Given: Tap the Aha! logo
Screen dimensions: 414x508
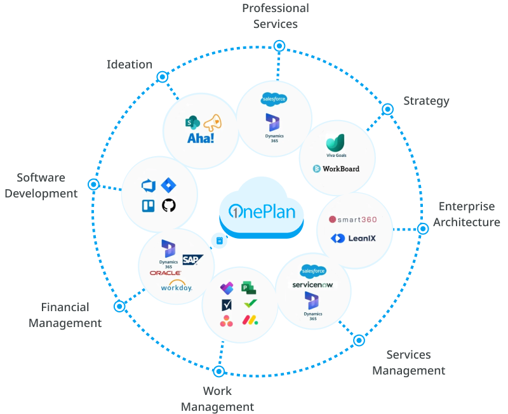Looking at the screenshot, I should [201, 138].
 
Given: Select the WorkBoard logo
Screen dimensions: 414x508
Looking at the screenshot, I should [337, 169].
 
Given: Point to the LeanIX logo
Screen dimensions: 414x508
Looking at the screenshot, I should [354, 239].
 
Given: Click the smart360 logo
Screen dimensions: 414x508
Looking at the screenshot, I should [353, 220].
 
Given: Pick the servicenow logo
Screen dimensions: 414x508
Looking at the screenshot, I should [312, 284].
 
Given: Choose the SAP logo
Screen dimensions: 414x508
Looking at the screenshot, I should [190, 259].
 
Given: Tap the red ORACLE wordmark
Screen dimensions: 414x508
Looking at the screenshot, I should [166, 273].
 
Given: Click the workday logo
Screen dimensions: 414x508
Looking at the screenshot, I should [177, 287].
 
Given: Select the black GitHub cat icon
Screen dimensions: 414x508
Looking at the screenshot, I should [168, 205].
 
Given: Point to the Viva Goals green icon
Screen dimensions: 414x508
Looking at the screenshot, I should [336, 143].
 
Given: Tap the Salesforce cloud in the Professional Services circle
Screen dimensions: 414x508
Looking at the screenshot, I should [274, 100].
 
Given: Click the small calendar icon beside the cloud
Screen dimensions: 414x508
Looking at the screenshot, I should [219, 241].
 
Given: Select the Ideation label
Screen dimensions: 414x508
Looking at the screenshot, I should [130, 64].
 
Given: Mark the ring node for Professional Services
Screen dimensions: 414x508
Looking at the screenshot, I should [278, 45].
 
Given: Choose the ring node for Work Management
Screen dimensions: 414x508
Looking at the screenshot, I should [219, 371].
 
